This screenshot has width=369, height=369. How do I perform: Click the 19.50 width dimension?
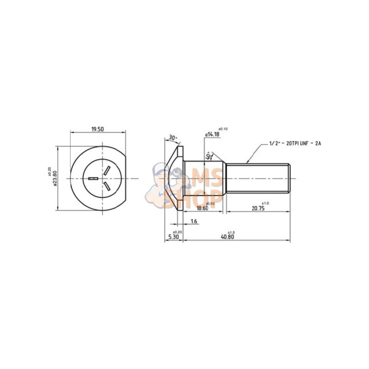point(97,129)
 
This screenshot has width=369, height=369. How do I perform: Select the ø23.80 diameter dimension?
point(55,178)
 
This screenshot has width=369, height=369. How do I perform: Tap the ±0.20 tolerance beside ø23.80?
point(49,172)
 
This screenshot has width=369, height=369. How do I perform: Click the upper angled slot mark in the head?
point(106,170)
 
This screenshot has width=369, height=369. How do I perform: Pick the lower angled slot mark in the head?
point(106,186)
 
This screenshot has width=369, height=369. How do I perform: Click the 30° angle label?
point(173,138)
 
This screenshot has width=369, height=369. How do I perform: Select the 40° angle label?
point(209,156)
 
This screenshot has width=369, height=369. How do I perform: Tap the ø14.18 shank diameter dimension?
point(212,134)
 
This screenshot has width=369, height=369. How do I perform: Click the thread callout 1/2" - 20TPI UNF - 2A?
point(295,144)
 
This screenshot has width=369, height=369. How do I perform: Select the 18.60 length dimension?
point(202,208)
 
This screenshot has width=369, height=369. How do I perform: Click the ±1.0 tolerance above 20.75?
point(265,203)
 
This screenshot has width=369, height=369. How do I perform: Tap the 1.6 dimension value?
point(194,222)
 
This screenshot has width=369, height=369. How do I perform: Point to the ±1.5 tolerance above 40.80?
point(232,231)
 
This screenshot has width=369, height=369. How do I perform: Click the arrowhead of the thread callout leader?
point(248,162)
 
